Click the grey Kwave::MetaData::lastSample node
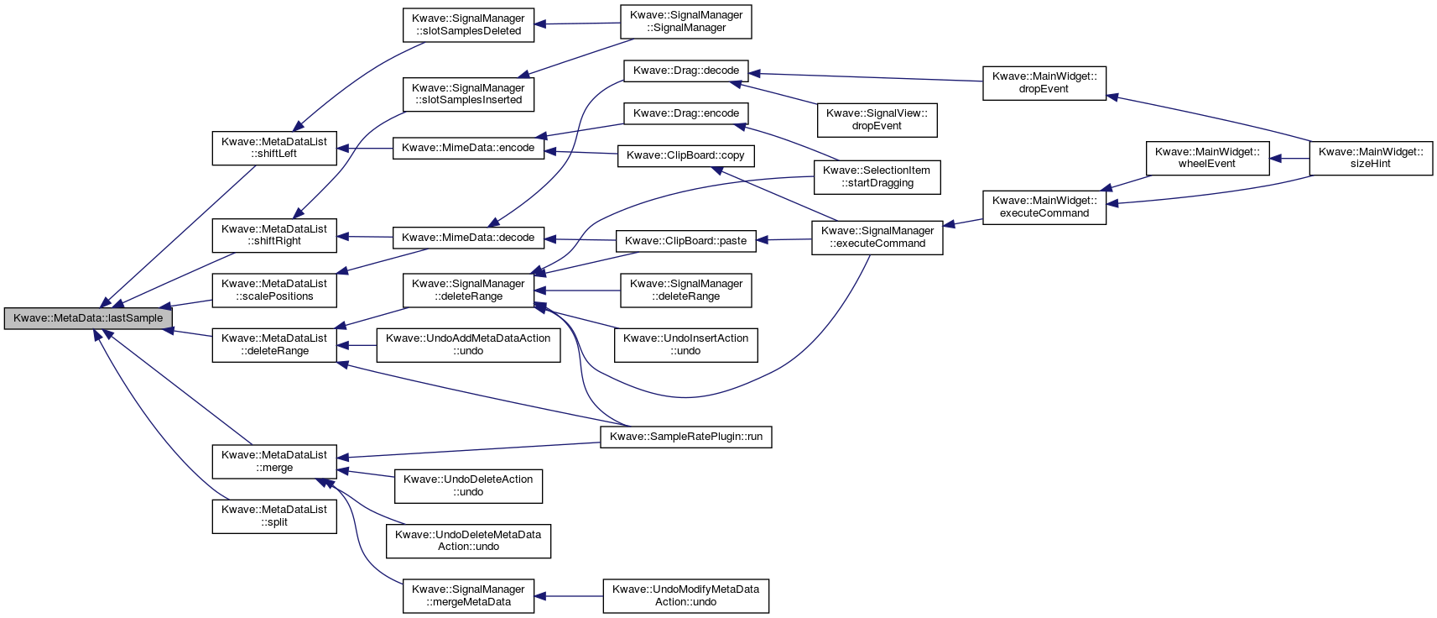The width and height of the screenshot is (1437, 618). pyautogui.click(x=88, y=318)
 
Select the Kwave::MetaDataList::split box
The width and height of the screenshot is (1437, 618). pyautogui.click(x=274, y=516)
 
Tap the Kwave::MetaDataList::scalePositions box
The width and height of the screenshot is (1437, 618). pyautogui.click(x=274, y=291)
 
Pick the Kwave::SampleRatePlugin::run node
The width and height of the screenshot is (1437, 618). pyautogui.click(x=685, y=437)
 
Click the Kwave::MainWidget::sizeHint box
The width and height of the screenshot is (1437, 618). pyautogui.click(x=1371, y=158)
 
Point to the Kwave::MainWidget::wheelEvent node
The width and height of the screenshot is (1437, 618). pyautogui.click(x=1207, y=158)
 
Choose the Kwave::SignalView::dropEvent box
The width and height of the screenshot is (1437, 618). pyautogui.click(x=877, y=120)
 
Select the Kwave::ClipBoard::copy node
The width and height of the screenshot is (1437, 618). pyautogui.click(x=685, y=156)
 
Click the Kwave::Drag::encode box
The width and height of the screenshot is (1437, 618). pyautogui.click(x=685, y=113)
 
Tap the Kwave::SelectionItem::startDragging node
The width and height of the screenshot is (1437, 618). pyautogui.click(x=877, y=177)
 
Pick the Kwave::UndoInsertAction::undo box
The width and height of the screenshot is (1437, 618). pyautogui.click(x=685, y=345)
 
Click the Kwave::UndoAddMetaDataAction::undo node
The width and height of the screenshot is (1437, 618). pyautogui.click(x=468, y=345)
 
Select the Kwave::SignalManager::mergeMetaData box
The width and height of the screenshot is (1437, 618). pyautogui.click(x=468, y=596)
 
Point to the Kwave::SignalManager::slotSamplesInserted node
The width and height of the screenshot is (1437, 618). pyautogui.click(x=468, y=94)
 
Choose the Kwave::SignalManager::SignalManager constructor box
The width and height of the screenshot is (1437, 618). pyautogui.click(x=685, y=22)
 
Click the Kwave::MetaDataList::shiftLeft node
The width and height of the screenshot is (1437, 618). pyautogui.click(x=274, y=149)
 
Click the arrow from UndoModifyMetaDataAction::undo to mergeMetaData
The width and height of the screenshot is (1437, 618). pyautogui.click(x=569, y=596)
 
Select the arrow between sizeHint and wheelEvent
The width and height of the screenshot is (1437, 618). pyautogui.click(x=1289, y=158)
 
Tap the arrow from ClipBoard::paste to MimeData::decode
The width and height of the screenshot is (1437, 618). pyautogui.click(x=580, y=239)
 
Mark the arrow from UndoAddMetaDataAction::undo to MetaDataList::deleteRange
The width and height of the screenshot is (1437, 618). pyautogui.click(x=357, y=346)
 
